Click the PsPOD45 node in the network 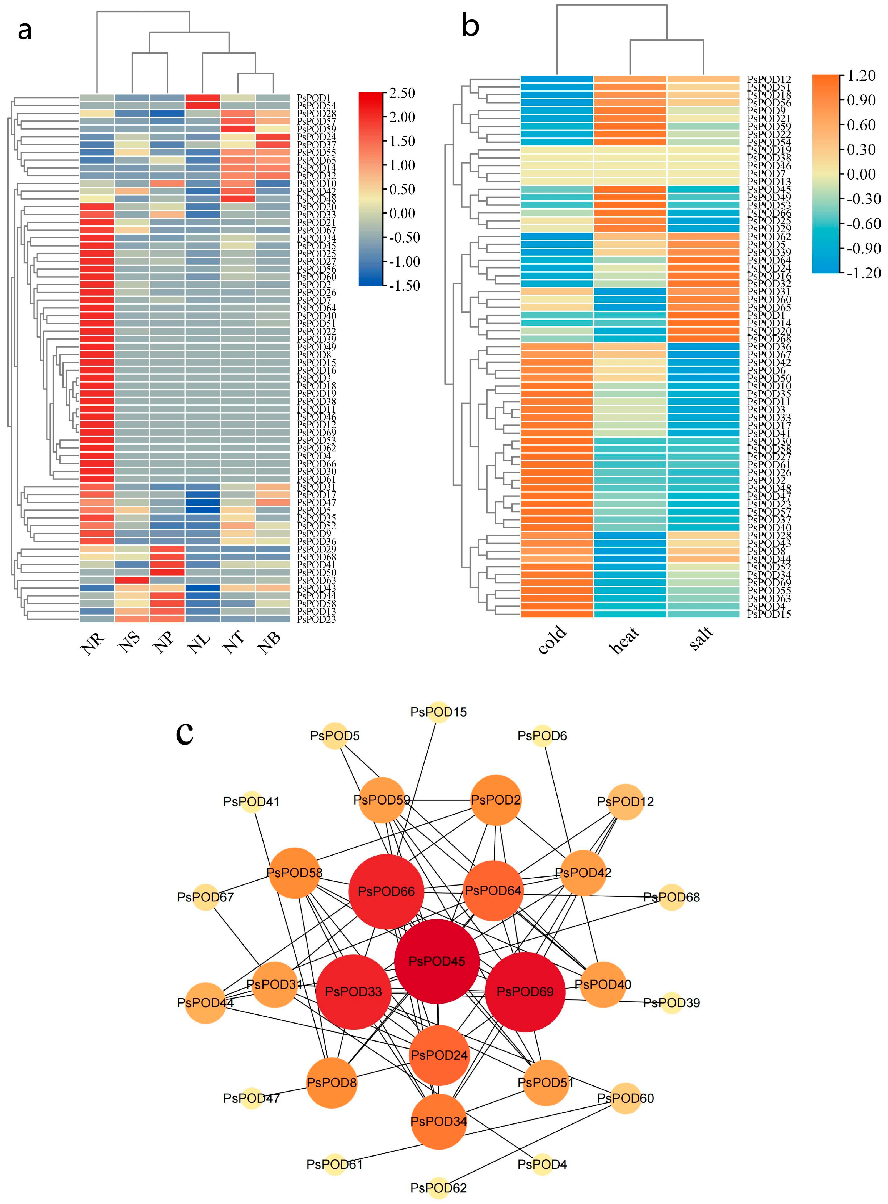[x=437, y=961]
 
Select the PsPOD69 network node [x=525, y=992]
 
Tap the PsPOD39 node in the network [x=671, y=1002]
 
